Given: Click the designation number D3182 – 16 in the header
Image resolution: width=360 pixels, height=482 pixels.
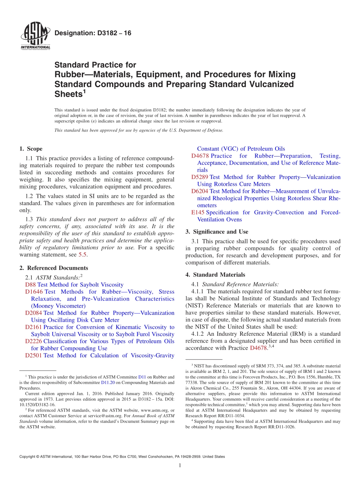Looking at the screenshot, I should pos(93,33).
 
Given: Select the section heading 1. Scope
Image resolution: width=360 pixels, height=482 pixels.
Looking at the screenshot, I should pos(31,149).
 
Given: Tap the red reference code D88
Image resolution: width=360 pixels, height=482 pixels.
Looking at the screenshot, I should pos(31,285).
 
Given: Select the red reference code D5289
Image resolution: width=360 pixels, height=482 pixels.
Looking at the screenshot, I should pos(200,177).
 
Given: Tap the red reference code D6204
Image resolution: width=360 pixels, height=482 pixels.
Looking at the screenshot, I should pos(200,191).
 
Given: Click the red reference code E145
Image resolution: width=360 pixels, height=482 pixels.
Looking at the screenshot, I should pos(198,213).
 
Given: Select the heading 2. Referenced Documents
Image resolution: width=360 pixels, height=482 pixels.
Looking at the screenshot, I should pos(53,268).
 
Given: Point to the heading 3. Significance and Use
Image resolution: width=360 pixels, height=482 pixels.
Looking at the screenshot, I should pos(217,232).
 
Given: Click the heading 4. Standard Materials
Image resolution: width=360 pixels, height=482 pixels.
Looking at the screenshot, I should pos(215,275).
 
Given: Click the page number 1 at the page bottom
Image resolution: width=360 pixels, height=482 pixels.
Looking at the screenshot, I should pos(180,466).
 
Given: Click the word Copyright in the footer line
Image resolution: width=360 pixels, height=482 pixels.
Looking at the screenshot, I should pos(28,457).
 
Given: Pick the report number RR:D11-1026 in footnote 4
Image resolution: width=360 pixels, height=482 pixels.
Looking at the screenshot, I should pos(277,427).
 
